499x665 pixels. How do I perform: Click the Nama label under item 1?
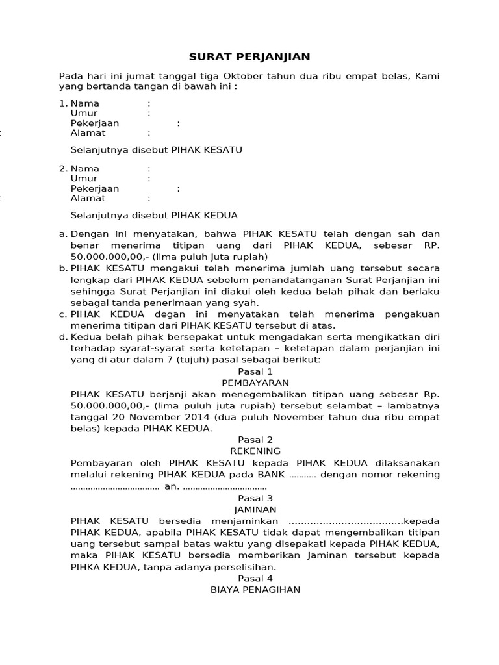[x=84, y=103]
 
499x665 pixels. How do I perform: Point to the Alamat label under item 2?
[x=88, y=199]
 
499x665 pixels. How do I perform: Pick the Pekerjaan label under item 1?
[x=95, y=123]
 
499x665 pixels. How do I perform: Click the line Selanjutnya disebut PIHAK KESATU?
[x=156, y=150]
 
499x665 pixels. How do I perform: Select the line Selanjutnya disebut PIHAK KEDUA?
[x=154, y=215]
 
